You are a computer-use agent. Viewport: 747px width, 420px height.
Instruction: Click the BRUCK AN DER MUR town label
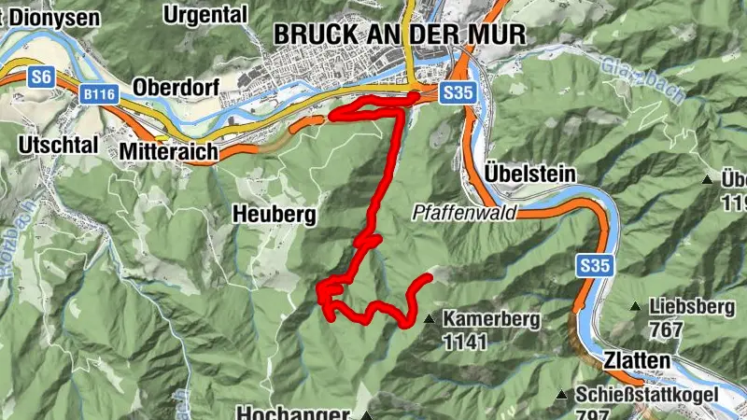coord(400,35)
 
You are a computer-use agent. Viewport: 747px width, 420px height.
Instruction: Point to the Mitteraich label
coord(169,150)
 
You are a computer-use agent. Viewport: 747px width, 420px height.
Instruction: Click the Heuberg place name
coord(274,215)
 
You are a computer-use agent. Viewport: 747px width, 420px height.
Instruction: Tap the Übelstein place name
coord(530,174)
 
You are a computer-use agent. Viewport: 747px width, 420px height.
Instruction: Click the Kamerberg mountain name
coord(491,318)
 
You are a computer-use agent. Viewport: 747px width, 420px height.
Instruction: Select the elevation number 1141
coord(465,342)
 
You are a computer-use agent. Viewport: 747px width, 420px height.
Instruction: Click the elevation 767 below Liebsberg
coord(666,329)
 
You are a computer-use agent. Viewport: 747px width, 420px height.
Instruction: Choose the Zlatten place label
coord(636,360)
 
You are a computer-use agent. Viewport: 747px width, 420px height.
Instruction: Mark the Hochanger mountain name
coord(293,413)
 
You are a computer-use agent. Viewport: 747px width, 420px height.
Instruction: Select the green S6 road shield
coord(40,77)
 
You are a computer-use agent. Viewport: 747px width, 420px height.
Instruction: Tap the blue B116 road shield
coord(98,94)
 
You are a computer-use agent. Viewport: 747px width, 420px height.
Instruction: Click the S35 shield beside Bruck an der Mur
coord(458,92)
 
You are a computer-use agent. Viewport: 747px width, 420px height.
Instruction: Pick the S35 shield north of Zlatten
coord(593,266)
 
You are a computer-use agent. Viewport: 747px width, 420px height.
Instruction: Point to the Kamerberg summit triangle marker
coord(429,319)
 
